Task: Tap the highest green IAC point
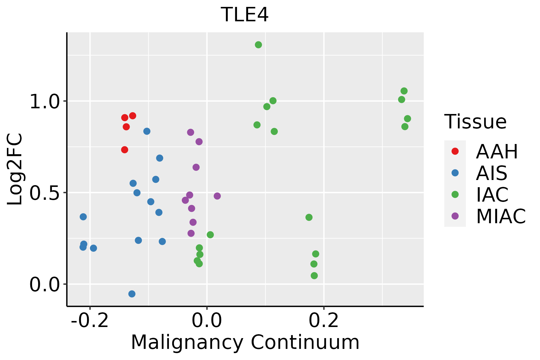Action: click(258, 45)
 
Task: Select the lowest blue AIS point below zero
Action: click(132, 294)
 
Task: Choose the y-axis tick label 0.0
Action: click(44, 285)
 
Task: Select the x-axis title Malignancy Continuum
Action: click(245, 342)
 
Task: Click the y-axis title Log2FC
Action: click(15, 169)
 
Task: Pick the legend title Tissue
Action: click(475, 122)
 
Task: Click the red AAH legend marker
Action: click(455, 151)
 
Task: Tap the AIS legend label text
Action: click(491, 173)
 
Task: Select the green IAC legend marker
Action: click(455, 194)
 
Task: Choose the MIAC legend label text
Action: click(501, 216)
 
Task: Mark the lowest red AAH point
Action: click(124, 150)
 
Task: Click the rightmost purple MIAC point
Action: click(217, 196)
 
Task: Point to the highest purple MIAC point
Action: click(190, 132)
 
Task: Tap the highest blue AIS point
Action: click(147, 131)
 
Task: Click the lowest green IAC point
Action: click(314, 276)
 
